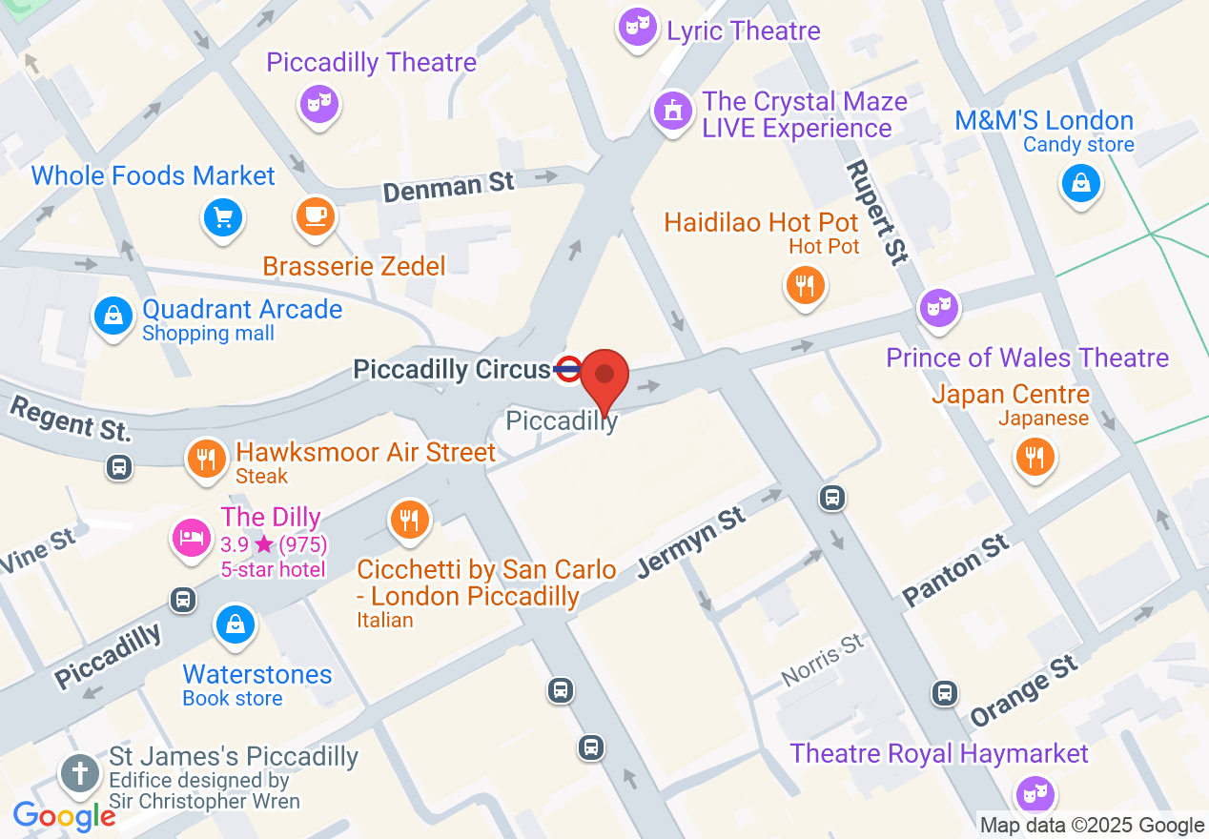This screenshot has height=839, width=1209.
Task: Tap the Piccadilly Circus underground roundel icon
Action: pos(567,369)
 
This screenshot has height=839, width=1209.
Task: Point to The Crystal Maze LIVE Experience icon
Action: pos(673,112)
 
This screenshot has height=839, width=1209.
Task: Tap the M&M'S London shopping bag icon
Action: pos(1080,183)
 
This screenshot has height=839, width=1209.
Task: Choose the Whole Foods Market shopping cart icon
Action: pos(224,217)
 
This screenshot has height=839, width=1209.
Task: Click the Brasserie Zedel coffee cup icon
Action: pos(316,215)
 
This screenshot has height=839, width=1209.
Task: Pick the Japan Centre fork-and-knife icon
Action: pos(1035,457)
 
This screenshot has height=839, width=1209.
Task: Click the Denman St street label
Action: pos(448,185)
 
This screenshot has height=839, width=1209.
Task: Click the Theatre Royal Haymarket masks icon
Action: pos(1032,791)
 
